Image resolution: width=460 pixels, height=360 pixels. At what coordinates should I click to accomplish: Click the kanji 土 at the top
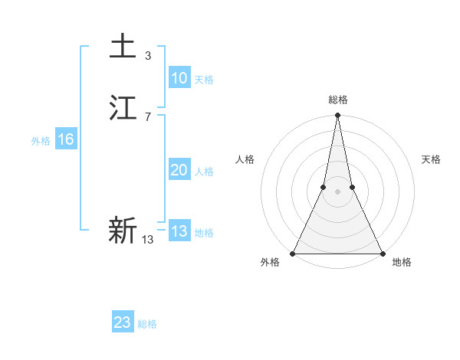pos(123,46)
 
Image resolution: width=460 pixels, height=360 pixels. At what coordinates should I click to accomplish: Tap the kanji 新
pos(123,231)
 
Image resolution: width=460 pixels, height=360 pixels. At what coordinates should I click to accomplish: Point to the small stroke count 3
pos(148,55)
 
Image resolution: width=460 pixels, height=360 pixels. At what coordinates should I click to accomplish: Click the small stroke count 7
pos(148,116)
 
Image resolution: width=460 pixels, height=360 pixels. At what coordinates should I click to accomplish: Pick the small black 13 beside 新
pos(148,240)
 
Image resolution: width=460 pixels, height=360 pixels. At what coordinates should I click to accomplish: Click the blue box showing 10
pos(179,78)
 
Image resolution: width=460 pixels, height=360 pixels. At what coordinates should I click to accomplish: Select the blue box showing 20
pos(179,170)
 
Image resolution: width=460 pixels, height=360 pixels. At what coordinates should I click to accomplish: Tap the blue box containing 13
pos(179,231)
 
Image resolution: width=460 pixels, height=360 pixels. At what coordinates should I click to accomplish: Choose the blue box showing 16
pos(65,139)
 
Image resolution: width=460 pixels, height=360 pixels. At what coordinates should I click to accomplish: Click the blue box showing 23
pos(123,322)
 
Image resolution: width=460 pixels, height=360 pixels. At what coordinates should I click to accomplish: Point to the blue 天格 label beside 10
pos(204,80)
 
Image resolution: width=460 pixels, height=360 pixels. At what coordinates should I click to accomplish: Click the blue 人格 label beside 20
pos(204,172)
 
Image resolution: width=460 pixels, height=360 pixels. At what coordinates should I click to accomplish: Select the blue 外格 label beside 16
pos(41,141)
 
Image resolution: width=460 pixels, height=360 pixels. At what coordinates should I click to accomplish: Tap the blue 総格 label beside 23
pos(147,324)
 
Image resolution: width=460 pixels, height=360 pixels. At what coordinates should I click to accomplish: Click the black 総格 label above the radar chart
pos(337,100)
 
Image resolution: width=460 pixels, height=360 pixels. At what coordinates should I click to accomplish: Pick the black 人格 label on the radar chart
pos(245,159)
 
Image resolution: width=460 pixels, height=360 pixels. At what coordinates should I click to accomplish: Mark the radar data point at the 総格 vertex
pos(337,116)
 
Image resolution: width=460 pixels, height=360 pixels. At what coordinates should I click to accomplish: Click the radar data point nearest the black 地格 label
pos(382,254)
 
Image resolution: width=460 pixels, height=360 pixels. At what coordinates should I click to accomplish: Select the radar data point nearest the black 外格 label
pos(293,254)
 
